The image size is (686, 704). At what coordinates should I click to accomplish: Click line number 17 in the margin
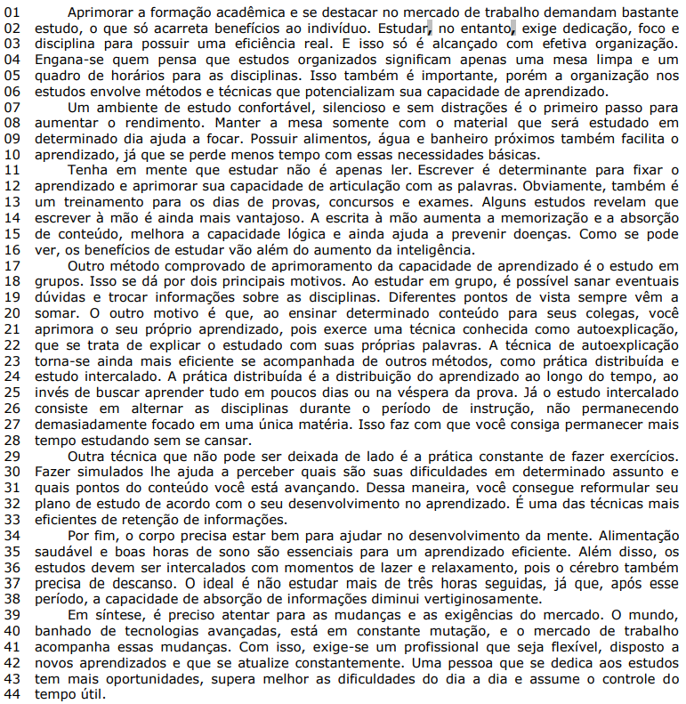(13, 264)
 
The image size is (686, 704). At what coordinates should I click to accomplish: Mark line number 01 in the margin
(13, 12)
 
